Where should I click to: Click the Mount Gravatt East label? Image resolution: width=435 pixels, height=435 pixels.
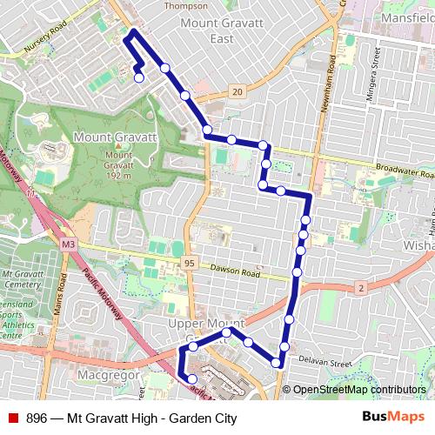coord(210,30)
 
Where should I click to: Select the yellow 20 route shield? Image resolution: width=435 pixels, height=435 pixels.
coord(238,91)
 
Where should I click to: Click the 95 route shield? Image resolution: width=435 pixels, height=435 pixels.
coord(189,263)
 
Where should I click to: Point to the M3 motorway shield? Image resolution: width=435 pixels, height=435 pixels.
coord(68,245)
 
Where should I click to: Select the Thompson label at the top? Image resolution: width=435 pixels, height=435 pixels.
coord(186,5)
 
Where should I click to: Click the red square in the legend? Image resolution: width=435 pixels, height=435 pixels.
coord(12,418)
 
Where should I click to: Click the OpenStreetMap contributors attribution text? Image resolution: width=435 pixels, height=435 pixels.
coord(358,390)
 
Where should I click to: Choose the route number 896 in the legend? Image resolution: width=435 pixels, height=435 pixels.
coord(37,418)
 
